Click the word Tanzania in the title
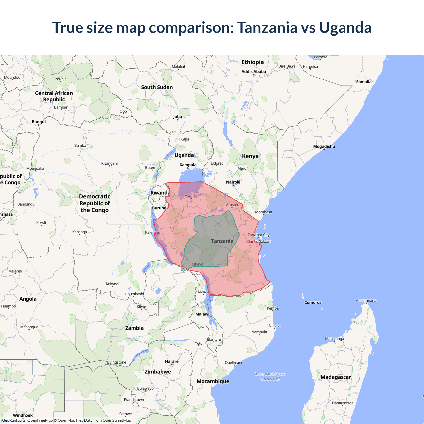pyautogui.click(x=267, y=27)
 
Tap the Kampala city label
pyautogui.click(x=188, y=165)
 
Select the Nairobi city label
pyautogui.click(x=233, y=182)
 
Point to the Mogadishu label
pyautogui.click(x=324, y=146)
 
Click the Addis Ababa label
pyautogui.click(x=253, y=71)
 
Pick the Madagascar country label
pyautogui.click(x=336, y=377)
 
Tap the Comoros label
pyautogui.click(x=313, y=302)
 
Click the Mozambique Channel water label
pyautogui.click(x=270, y=376)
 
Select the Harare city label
pyautogui.click(x=172, y=361)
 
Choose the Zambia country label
pyautogui.click(x=134, y=328)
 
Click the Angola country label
pyautogui.click(x=28, y=299)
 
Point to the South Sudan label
pyautogui.click(x=157, y=87)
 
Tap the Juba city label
pyautogui.click(x=177, y=117)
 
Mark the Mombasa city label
pyautogui.click(x=263, y=212)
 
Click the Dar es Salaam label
pyautogui.click(x=259, y=241)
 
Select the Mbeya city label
pyautogui.click(x=197, y=264)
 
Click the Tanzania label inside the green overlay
pyautogui.click(x=222, y=241)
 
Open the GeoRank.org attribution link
pyautogui.click(x=13, y=420)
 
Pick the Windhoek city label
pyautogui.click(x=23, y=415)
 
